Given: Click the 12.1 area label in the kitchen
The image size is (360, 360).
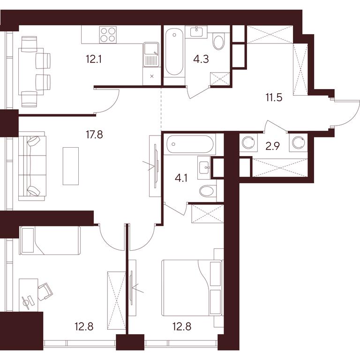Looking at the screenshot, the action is (94, 59).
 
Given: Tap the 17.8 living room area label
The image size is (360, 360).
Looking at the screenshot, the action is (94, 135).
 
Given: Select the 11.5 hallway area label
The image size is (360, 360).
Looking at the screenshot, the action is (274, 98).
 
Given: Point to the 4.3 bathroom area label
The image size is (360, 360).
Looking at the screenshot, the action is (201, 59).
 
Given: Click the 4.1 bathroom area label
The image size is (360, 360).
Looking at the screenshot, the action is (181, 178).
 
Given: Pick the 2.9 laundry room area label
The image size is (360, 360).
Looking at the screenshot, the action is (273, 146).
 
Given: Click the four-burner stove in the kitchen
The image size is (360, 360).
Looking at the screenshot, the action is (108, 34).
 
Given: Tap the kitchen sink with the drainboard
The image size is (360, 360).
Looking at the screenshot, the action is (151, 54).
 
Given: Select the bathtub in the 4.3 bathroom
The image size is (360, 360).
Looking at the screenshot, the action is (174, 52).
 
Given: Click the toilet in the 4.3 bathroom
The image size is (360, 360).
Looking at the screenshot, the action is (218, 41).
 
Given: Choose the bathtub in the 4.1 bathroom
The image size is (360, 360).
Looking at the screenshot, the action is (190, 144).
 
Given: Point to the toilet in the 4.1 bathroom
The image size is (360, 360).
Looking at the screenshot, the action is (208, 191).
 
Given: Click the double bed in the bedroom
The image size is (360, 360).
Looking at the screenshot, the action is (192, 288).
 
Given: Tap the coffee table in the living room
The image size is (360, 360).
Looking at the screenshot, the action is (71, 166).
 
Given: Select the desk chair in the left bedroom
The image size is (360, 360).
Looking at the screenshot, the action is (45, 291).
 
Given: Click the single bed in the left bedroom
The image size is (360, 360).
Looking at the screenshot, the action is (50, 240).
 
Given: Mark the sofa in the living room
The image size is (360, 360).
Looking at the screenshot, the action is (32, 166).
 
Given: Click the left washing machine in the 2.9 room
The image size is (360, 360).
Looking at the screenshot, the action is (248, 142).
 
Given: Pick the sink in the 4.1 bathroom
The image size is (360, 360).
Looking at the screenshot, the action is (204, 167).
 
